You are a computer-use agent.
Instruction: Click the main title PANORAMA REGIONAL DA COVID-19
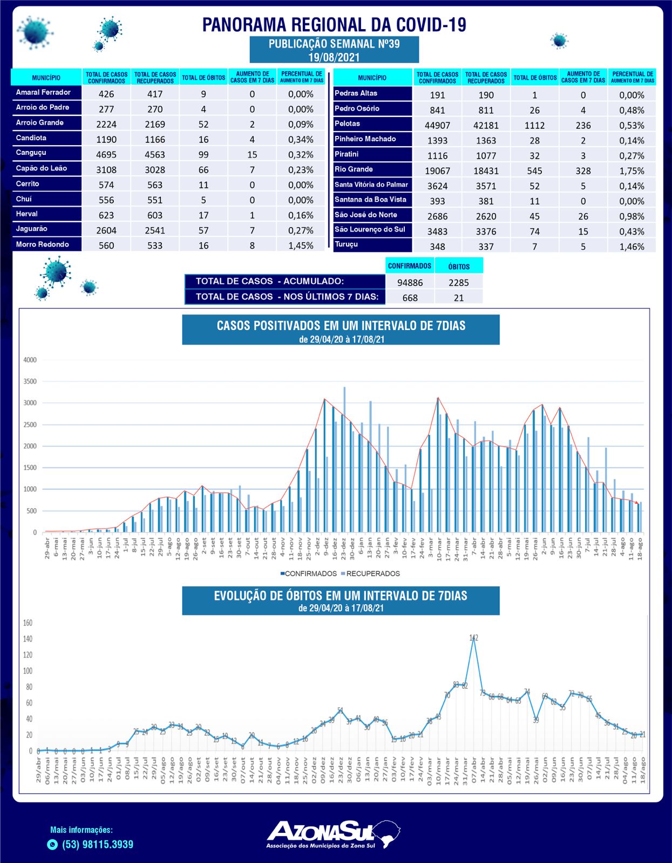(334, 25)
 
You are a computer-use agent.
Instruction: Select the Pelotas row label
(347, 124)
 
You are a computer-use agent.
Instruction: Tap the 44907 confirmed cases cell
(437, 125)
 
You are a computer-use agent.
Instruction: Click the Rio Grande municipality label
(354, 169)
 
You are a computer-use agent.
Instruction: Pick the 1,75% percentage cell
(632, 171)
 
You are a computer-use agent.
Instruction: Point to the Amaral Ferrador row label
(43, 92)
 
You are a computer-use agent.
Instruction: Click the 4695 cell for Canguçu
(106, 155)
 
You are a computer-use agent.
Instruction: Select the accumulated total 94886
(410, 283)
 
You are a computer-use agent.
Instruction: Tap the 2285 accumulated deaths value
(458, 283)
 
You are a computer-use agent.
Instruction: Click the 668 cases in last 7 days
(410, 298)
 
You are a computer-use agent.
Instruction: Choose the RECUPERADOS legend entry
(372, 573)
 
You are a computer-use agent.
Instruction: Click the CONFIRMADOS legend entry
(310, 573)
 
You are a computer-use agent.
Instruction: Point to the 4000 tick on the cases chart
(30, 360)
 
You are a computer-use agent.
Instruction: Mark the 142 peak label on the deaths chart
(473, 638)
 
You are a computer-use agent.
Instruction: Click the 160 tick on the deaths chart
(28, 623)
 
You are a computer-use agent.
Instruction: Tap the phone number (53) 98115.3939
(98, 845)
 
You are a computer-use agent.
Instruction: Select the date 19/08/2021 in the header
(334, 57)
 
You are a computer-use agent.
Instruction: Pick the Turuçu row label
(346, 244)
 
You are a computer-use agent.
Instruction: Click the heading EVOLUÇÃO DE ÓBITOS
(341, 595)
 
